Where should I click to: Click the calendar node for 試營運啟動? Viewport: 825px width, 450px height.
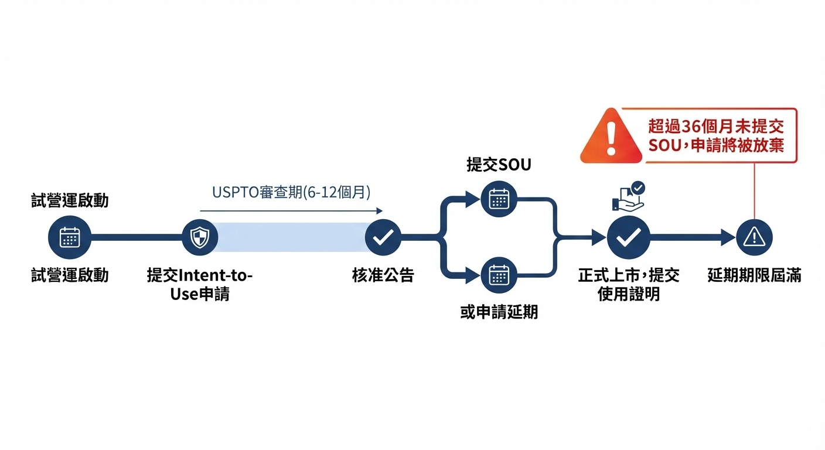[70, 237]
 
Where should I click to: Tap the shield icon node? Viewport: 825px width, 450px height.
[200, 237]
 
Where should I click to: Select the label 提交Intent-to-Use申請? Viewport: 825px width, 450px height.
[200, 284]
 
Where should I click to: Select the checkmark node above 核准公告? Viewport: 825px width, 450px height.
[383, 237]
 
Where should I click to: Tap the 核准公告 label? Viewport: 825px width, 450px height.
[383, 275]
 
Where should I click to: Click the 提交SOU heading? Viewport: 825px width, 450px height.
[499, 165]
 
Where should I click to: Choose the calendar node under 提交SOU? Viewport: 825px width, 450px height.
[499, 199]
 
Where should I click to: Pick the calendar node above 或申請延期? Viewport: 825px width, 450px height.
[499, 275]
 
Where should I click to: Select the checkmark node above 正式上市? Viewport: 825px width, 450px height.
[629, 237]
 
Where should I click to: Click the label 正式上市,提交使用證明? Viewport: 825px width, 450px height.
[629, 284]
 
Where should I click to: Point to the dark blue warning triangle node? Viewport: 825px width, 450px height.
[754, 237]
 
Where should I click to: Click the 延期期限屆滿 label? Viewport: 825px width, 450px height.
[754, 275]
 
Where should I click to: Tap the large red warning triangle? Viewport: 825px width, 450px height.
[612, 138]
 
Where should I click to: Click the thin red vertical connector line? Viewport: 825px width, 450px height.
[754, 190]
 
